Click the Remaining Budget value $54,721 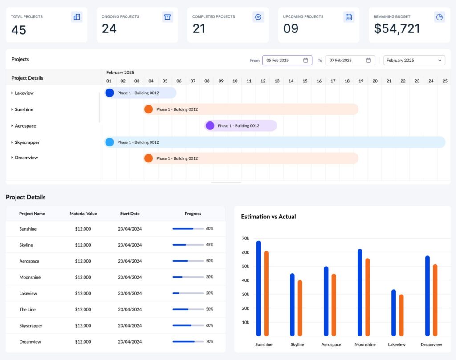click(397, 29)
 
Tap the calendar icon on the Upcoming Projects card click(349, 17)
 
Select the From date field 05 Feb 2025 click(287, 60)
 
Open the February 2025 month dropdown click(414, 60)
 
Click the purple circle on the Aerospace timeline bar click(210, 125)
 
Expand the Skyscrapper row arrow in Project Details click(12, 142)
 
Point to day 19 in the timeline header click(361, 81)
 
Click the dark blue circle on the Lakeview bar click(110, 93)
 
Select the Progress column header click(193, 214)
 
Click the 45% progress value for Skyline click(209, 245)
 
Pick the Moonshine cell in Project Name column click(30, 277)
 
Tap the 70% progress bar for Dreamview click(187, 342)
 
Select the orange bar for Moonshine click(367, 297)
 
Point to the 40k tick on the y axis click(245, 280)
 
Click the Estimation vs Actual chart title click(268, 217)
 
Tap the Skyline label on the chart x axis click(297, 344)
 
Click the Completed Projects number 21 click(199, 29)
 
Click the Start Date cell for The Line click(130, 309)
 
